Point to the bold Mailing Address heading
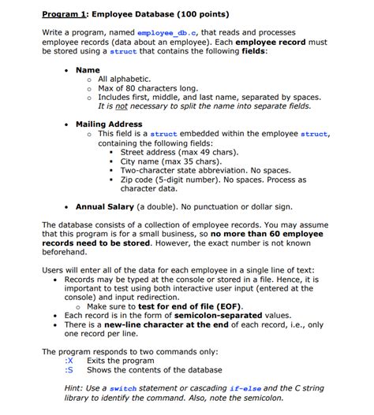(x=109, y=124)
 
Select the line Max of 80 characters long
(x=140, y=88)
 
